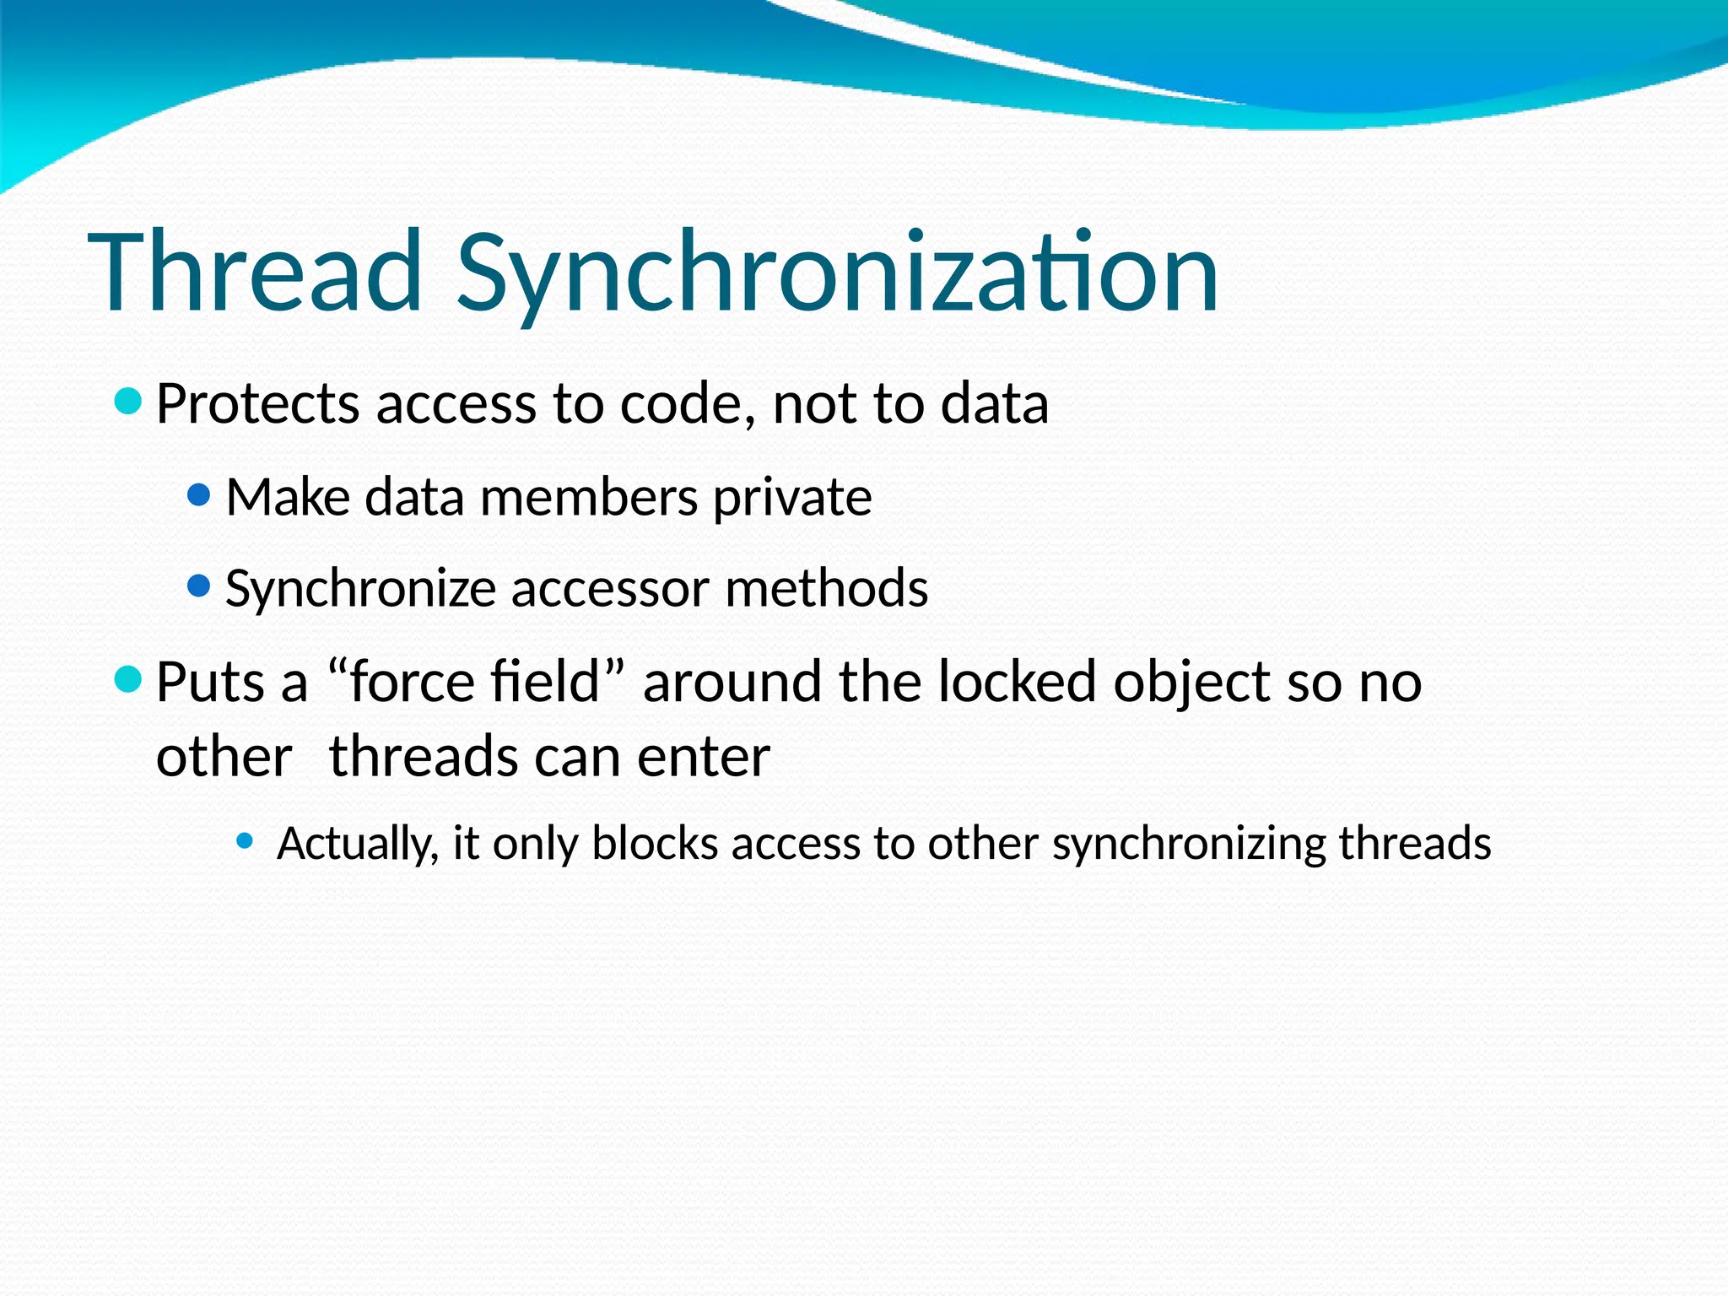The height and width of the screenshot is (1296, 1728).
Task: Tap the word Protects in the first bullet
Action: tap(257, 403)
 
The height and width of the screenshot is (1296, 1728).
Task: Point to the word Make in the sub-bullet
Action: tap(288, 497)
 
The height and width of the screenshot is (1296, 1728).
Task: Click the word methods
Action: tap(826, 587)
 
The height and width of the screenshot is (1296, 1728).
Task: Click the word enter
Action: tap(703, 756)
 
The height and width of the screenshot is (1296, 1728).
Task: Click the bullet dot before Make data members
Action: tap(198, 494)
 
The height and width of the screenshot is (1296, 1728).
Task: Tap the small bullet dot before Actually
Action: tap(245, 840)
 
